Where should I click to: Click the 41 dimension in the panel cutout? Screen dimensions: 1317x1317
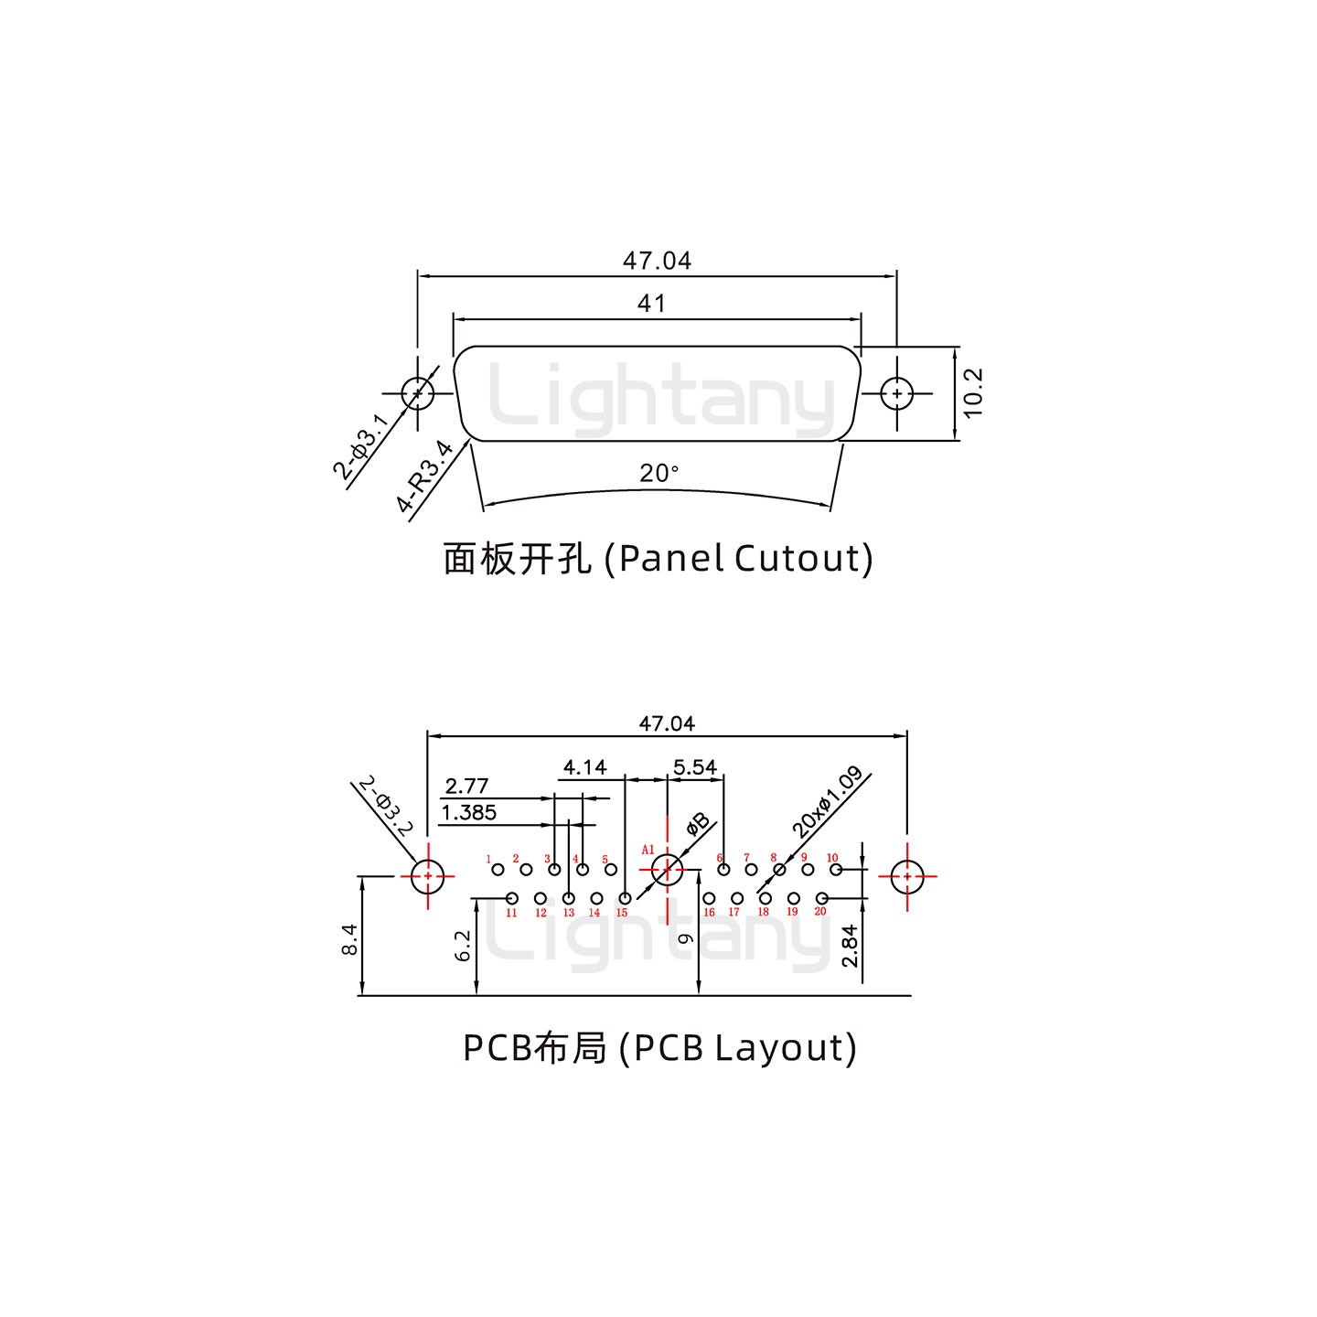click(x=651, y=303)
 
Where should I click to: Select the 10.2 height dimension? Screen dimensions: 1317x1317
click(x=972, y=393)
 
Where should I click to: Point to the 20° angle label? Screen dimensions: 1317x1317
click(x=658, y=474)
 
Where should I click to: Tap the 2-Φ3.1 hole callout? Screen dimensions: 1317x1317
click(x=360, y=446)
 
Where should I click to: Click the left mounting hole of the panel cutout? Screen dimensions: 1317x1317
click(x=417, y=394)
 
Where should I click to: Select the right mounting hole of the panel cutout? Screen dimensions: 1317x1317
click(x=897, y=394)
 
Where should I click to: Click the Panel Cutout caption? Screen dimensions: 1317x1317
click(x=658, y=558)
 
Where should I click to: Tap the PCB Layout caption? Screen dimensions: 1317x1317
click(x=659, y=1047)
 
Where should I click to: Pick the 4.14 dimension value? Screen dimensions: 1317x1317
click(x=584, y=766)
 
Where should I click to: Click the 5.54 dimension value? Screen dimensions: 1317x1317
click(x=695, y=766)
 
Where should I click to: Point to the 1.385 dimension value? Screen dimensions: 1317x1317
click(x=468, y=812)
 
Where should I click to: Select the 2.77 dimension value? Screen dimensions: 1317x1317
click(x=466, y=786)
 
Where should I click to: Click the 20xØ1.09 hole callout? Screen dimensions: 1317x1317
click(x=827, y=803)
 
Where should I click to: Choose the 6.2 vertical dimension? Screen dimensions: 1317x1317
click(x=463, y=946)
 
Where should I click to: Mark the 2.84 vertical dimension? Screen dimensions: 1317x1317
click(x=850, y=946)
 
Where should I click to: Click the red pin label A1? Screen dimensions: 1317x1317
click(x=648, y=850)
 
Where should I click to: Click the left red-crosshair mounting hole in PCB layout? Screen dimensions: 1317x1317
click(x=427, y=876)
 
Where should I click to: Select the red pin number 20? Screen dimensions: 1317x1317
click(x=820, y=911)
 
